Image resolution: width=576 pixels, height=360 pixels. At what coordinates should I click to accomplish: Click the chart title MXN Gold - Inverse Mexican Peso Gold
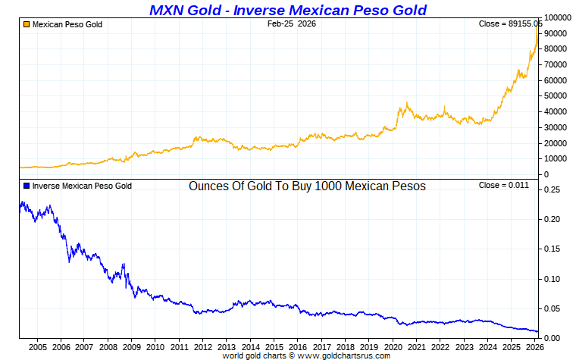288,10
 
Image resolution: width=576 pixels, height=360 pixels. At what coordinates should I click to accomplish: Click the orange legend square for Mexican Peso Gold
27,25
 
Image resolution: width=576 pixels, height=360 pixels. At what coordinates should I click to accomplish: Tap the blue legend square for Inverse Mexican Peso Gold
27,186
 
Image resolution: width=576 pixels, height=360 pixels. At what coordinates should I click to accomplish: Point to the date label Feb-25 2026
292,24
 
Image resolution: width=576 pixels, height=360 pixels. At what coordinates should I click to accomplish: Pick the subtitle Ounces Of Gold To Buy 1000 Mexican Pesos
307,186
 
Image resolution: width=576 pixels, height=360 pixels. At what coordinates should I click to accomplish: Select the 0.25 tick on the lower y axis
552,190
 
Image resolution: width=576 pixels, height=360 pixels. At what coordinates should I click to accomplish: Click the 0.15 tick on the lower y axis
552,249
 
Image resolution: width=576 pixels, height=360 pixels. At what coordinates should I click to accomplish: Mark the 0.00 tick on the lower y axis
552,338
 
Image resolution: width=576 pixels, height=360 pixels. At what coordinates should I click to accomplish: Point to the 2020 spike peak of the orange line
407,103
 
